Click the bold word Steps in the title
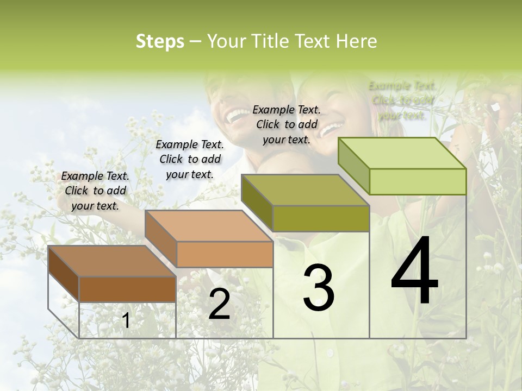(160, 41)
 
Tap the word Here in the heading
(356, 41)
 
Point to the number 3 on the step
(319, 287)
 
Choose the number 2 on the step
(219, 304)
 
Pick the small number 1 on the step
(126, 321)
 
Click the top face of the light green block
(402, 153)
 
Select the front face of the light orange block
(225, 254)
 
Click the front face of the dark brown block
(127, 289)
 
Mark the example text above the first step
(95, 191)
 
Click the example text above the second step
(190, 159)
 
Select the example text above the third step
(287, 124)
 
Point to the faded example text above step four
(402, 100)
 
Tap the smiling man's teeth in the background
(236, 115)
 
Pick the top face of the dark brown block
(111, 261)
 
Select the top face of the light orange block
(209, 226)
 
